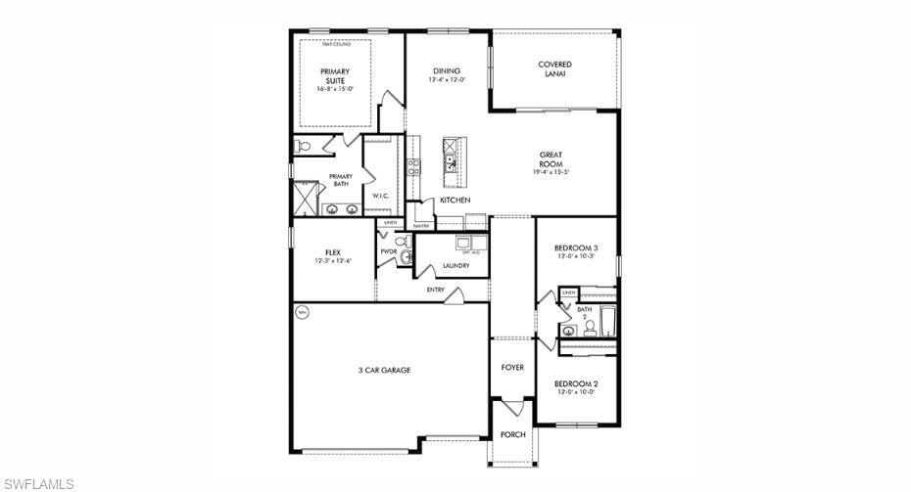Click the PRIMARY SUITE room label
click(335, 76)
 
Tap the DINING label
click(447, 71)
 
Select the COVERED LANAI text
click(554, 69)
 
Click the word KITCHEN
click(455, 200)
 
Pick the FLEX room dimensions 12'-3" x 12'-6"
click(333, 261)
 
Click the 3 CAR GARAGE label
click(384, 370)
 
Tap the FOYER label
click(512, 368)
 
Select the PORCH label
click(512, 434)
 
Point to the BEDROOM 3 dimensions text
click(576, 256)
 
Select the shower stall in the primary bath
click(306, 200)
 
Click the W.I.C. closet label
click(381, 196)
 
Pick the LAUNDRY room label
click(455, 265)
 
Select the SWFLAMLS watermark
click(38, 483)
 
